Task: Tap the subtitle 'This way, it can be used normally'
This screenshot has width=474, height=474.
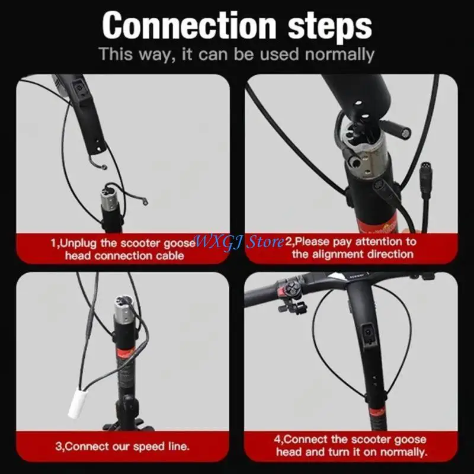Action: click(236, 55)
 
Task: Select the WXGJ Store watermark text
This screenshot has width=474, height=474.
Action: click(239, 242)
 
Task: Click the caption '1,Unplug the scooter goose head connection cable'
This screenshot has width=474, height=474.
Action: click(124, 249)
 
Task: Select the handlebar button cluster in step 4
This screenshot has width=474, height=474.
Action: click(291, 290)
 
